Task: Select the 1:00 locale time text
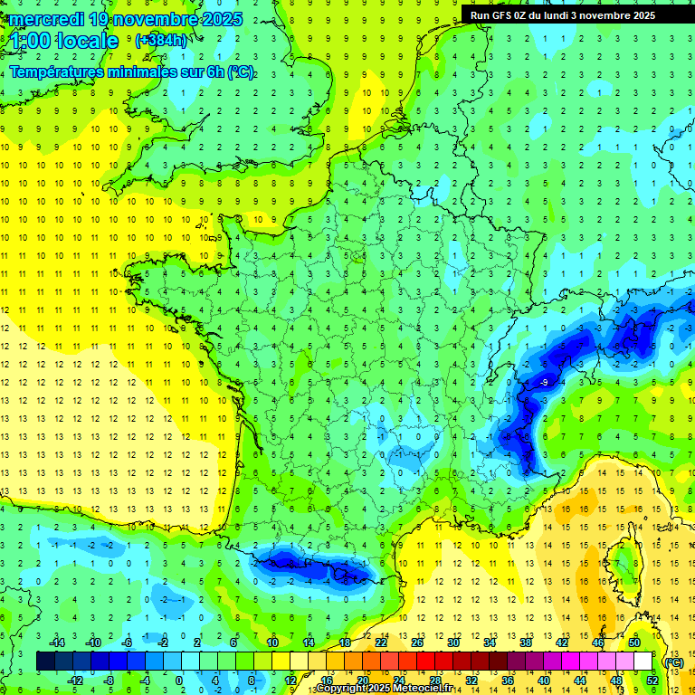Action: tap(64, 41)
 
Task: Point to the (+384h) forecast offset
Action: tap(160, 41)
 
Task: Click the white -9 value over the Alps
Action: tap(543, 384)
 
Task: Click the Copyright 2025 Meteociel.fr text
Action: tap(385, 689)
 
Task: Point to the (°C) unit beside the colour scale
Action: tap(674, 662)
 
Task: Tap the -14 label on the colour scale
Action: tap(58, 643)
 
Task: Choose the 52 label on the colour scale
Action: tap(652, 680)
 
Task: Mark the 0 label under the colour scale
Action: tap(179, 680)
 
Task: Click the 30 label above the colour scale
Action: tap(452, 643)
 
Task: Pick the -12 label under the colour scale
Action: tap(76, 680)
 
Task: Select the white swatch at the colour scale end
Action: tap(643, 661)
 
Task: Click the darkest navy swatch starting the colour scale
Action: tap(46, 661)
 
